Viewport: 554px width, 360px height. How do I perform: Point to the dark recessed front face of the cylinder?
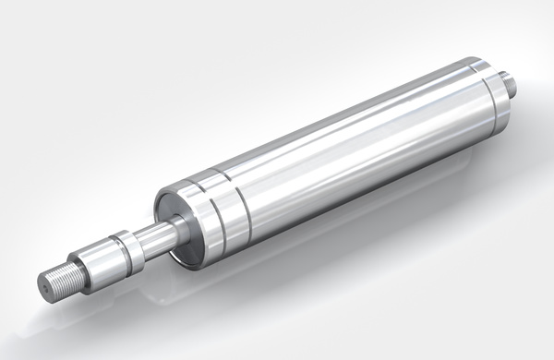tap(175, 209)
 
